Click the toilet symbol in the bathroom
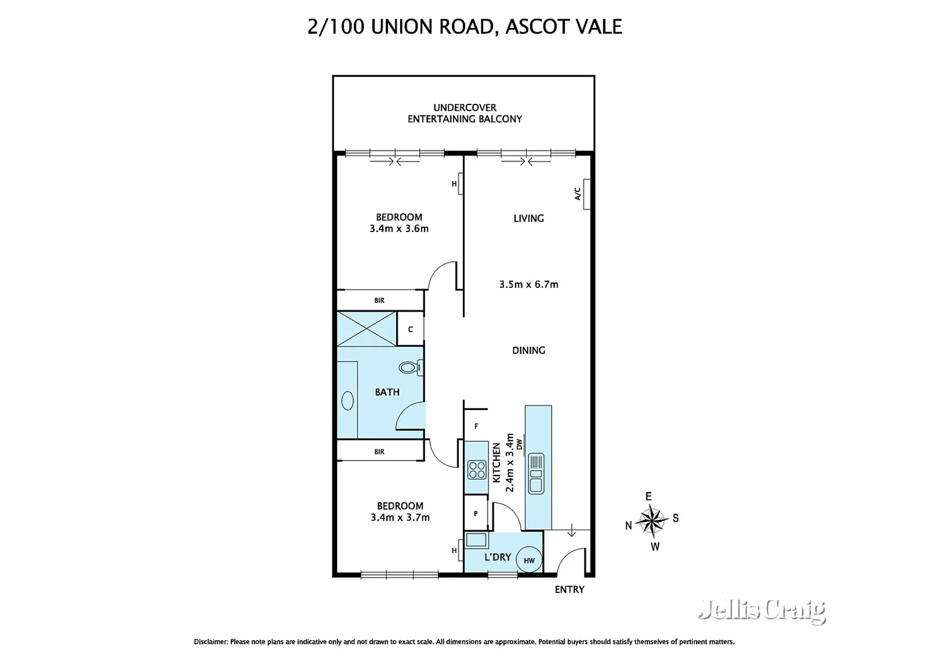coord(410,367)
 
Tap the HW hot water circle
coord(529,560)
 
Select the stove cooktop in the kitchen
coord(477,470)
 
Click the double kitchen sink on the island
coord(536,474)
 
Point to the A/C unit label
coord(578,194)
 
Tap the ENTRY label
coord(569,589)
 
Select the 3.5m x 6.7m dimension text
coord(528,284)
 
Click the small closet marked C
coord(411,329)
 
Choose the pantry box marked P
coord(476,514)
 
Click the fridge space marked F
coord(476,426)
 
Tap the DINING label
coord(528,350)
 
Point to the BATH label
coord(387,392)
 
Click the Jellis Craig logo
coord(762,610)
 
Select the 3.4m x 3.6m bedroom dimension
coord(399,229)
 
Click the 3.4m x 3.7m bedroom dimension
coord(400,518)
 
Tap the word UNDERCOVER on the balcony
coord(465,108)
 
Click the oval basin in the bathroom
coord(348,400)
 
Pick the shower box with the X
coord(367,329)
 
